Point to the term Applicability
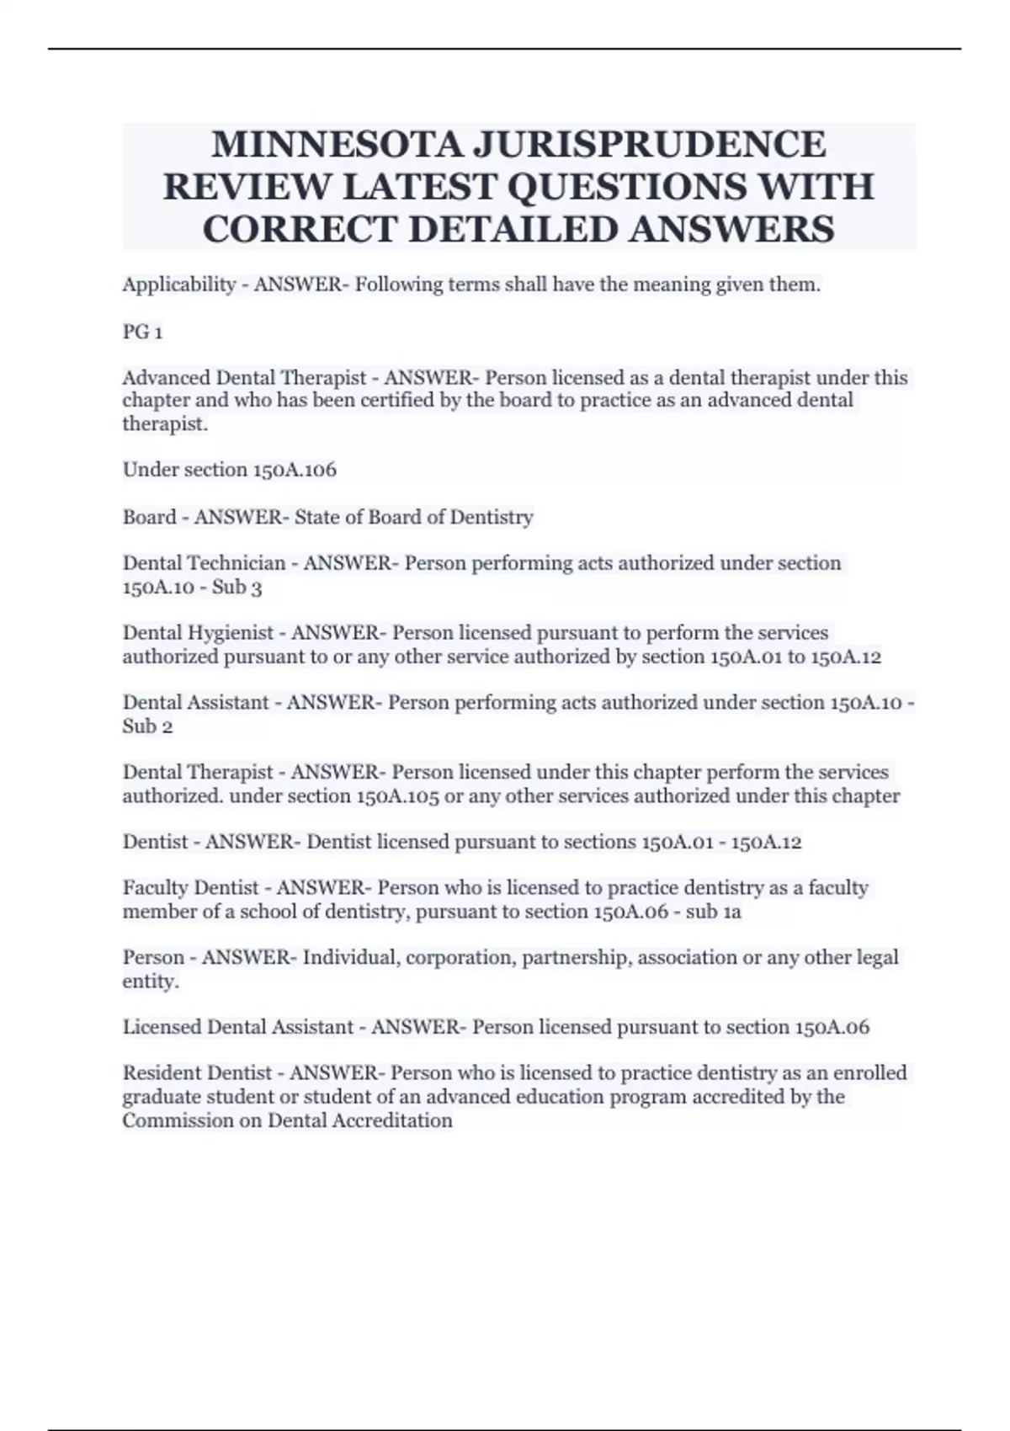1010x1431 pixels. click(178, 285)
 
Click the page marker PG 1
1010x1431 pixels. click(142, 332)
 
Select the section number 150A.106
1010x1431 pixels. click(294, 470)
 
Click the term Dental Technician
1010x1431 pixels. click(204, 563)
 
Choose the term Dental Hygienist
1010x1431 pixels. click(198, 633)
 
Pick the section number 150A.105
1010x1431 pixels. click(398, 796)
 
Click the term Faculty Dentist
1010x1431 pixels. click(190, 888)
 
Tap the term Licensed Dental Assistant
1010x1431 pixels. click(237, 1028)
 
